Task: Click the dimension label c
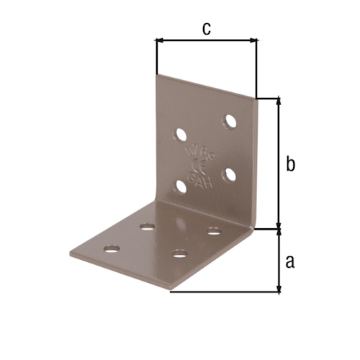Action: coord(206,28)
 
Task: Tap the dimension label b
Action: coord(289,163)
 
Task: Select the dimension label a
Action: coord(289,261)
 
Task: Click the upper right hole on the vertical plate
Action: coord(230,121)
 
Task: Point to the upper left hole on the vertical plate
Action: coord(180,134)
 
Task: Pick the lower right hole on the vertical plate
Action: coord(230,174)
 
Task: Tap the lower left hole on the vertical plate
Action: coord(181,187)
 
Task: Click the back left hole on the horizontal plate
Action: coord(147,227)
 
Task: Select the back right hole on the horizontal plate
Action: coord(213,230)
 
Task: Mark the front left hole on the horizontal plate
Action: coord(112,249)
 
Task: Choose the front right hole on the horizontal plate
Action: coord(179,253)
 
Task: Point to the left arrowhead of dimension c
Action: coord(159,41)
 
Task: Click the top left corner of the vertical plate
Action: coord(157,74)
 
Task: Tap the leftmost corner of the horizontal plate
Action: coord(70,255)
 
